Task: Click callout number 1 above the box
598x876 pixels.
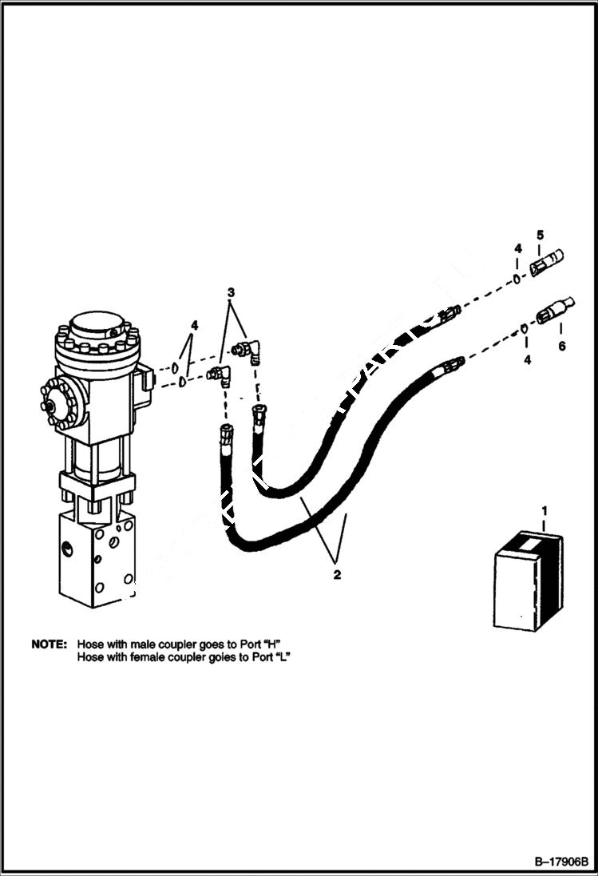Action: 545,509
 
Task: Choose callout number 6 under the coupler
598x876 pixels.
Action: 561,346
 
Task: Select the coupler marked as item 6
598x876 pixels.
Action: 555,310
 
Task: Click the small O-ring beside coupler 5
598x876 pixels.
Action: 517,279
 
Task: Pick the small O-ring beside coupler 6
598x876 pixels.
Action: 523,327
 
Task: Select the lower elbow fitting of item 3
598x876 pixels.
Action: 220,374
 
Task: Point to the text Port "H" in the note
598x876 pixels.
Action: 268,643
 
